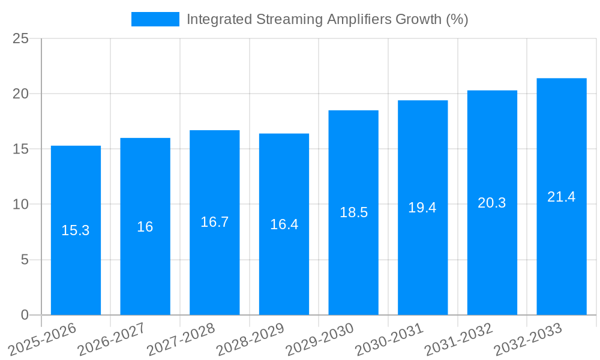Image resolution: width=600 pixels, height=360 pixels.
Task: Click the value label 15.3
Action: click(76, 230)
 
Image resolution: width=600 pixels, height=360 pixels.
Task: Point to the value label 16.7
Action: click(214, 222)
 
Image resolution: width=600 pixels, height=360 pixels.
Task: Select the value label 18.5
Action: click(353, 212)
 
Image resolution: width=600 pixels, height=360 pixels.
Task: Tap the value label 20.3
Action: click(492, 203)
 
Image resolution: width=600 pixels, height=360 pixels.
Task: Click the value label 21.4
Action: click(561, 197)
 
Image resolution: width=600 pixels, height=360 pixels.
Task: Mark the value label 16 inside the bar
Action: click(145, 227)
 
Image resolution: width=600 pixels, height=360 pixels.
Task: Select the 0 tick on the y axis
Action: click(25, 315)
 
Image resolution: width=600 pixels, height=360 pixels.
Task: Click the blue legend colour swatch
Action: click(155, 19)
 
